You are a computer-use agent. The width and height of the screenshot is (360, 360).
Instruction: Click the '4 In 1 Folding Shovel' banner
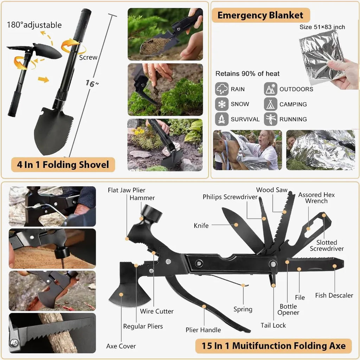pos(63,165)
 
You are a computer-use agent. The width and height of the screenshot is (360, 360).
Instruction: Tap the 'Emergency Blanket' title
pos(261,15)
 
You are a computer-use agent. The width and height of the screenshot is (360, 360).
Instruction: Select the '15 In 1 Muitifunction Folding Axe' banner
pos(274,346)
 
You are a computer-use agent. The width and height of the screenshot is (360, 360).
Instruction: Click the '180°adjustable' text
pos(34,25)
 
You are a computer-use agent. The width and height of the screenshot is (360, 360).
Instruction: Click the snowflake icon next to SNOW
pos(222,104)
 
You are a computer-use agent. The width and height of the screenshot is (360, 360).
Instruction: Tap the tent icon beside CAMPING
pos(270,104)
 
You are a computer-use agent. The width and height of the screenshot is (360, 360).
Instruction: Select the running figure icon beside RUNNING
pos(270,119)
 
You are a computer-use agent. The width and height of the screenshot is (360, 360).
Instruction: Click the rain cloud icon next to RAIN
pos(222,89)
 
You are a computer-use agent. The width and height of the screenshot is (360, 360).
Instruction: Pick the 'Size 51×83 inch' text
pos(322,27)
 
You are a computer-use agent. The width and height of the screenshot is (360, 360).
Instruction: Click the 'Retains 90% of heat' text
pos(247,74)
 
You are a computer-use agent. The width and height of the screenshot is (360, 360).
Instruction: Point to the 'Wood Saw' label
pos(272,190)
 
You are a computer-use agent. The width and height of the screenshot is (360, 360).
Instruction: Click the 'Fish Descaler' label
pos(334,295)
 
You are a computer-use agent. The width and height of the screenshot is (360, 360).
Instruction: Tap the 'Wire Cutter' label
pos(157,311)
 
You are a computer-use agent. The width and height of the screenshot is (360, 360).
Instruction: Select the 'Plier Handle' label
pos(203,330)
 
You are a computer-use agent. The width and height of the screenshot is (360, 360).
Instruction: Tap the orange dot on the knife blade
pos(236,225)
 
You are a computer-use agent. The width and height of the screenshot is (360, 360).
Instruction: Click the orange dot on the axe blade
pos(121,295)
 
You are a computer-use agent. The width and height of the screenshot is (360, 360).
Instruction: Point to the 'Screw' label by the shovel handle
pos(88,57)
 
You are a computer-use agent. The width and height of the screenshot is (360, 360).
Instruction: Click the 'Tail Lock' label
pos(273,325)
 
